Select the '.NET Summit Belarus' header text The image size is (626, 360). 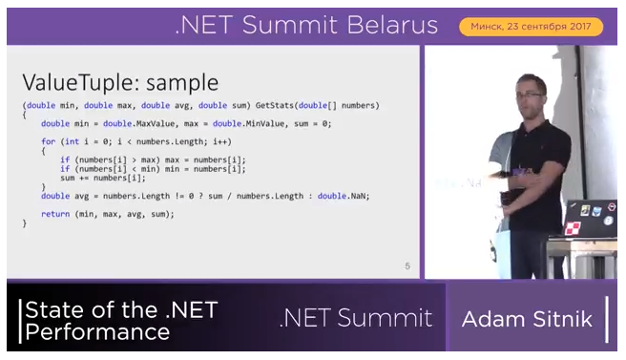[305, 25]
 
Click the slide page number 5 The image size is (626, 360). [407, 265]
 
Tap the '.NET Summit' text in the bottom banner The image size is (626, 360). [355, 319]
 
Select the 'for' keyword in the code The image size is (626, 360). [48, 141]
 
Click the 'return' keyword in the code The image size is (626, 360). [55, 214]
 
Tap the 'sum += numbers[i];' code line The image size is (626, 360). [102, 178]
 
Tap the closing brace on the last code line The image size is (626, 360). [25, 223]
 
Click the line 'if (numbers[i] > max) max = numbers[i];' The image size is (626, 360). [153, 159]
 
